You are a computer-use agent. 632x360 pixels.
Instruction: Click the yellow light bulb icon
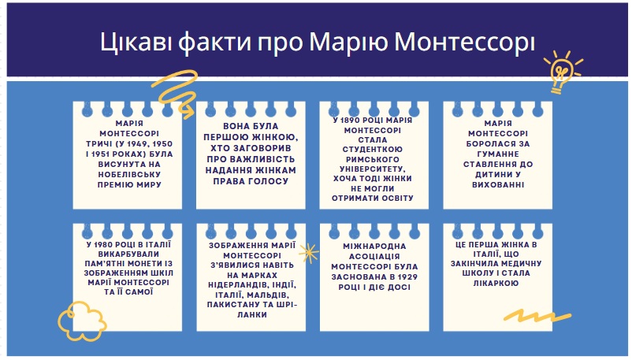pyautogui.click(x=563, y=72)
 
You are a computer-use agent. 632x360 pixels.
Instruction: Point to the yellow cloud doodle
pyautogui.click(x=82, y=321)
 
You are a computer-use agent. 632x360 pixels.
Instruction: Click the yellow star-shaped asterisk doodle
pyautogui.click(x=308, y=253)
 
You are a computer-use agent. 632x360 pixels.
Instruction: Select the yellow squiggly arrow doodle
pyautogui.click(x=176, y=94)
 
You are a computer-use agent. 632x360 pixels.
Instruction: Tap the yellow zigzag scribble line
pyautogui.click(x=537, y=315)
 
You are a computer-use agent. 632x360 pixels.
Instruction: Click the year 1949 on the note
pyautogui.click(x=143, y=144)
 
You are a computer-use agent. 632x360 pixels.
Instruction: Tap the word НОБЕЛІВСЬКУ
pyautogui.click(x=129, y=175)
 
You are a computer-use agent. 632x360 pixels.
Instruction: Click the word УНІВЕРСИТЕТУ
pyautogui.click(x=373, y=169)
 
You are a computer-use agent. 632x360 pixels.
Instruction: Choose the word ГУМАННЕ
pyautogui.click(x=498, y=154)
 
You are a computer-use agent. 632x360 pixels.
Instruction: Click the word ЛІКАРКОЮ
pyautogui.click(x=496, y=284)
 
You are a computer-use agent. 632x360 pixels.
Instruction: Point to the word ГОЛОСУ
pyautogui.click(x=271, y=181)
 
